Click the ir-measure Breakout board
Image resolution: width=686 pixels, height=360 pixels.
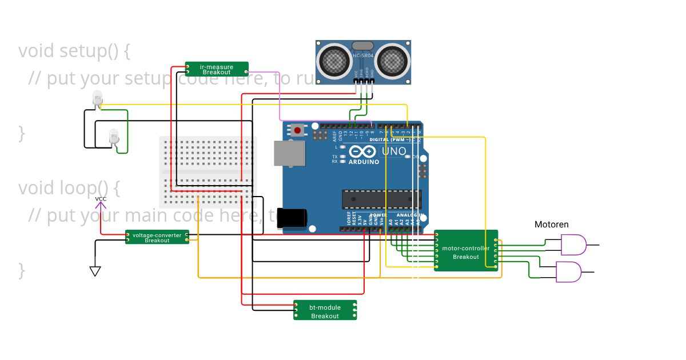tap(217, 69)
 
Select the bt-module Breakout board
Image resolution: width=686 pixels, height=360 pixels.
tap(325, 310)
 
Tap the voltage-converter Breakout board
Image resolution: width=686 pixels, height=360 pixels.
tap(157, 237)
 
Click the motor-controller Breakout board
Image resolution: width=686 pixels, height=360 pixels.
tap(465, 251)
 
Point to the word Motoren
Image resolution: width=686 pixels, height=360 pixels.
tap(551, 225)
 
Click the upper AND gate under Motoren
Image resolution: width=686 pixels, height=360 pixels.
tap(573, 245)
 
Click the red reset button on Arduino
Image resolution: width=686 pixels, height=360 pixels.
tap(297, 130)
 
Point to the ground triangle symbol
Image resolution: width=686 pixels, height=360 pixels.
tap(95, 271)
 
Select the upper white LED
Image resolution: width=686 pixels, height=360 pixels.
tap(98, 99)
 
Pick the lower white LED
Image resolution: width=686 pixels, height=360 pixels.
tap(114, 136)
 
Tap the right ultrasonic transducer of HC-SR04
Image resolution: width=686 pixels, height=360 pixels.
tap(393, 60)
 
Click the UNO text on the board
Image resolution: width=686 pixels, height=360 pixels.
tap(394, 152)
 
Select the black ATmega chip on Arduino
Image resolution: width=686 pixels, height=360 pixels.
tap(381, 199)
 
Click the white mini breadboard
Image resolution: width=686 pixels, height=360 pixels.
tap(208, 170)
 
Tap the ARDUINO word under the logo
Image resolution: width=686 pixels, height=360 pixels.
tap(364, 162)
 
